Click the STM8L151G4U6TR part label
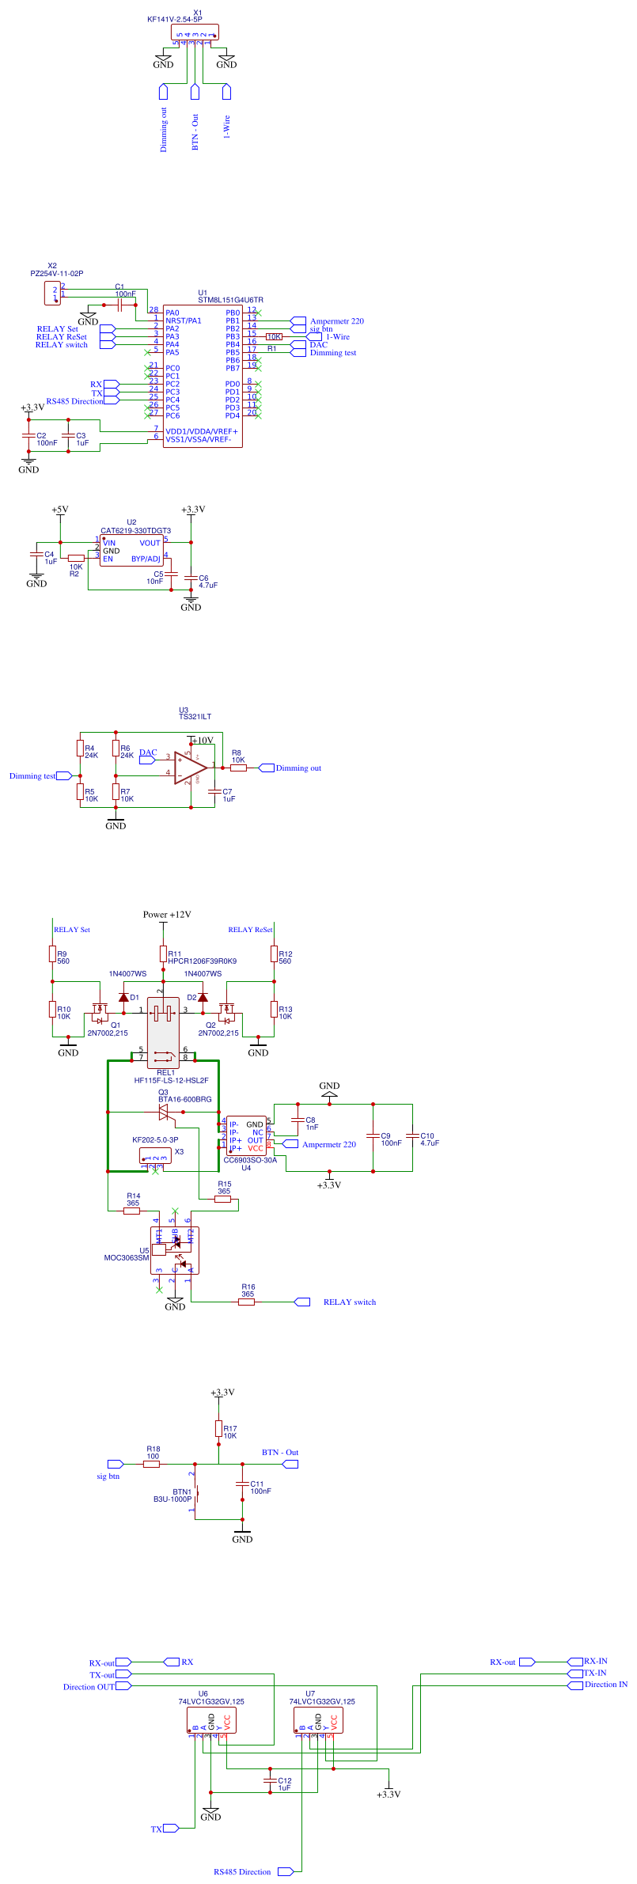click(x=230, y=300)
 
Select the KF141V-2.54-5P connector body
click(x=195, y=32)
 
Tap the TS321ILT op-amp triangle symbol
click(x=191, y=768)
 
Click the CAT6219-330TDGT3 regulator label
click(x=135, y=531)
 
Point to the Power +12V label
click(x=167, y=914)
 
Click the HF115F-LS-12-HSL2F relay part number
click(x=171, y=1080)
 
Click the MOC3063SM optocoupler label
click(x=126, y=1257)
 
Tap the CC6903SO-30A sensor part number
click(x=250, y=1160)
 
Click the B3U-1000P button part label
click(x=172, y=1499)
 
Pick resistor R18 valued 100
click(x=151, y=1464)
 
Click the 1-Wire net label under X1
click(x=226, y=127)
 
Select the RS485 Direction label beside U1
click(x=74, y=401)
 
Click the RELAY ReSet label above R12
click(x=250, y=930)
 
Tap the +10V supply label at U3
click(x=203, y=741)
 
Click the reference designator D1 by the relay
click(x=135, y=997)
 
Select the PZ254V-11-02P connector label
click(x=56, y=273)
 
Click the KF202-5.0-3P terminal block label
click(x=155, y=1140)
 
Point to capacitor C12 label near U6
click(x=285, y=1780)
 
